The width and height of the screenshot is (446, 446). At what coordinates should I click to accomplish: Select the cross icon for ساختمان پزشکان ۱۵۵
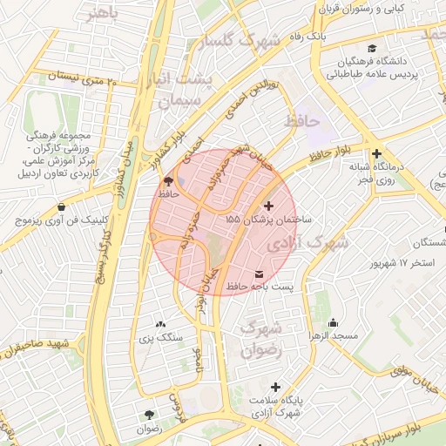point(267,206)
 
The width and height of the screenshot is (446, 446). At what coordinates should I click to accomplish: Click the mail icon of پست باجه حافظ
point(258,276)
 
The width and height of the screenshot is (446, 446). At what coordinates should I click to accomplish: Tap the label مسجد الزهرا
point(328,334)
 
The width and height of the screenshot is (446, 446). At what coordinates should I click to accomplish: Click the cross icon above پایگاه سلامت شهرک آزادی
point(276,387)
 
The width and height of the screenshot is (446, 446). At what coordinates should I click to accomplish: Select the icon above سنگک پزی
point(159,323)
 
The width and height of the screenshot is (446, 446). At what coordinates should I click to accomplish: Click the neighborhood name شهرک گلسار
point(238,41)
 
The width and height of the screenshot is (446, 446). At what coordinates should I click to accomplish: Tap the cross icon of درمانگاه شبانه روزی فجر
point(376,153)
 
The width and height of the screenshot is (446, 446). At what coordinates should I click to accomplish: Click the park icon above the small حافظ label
point(168,181)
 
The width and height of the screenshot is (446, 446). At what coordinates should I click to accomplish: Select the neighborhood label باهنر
point(102,13)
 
